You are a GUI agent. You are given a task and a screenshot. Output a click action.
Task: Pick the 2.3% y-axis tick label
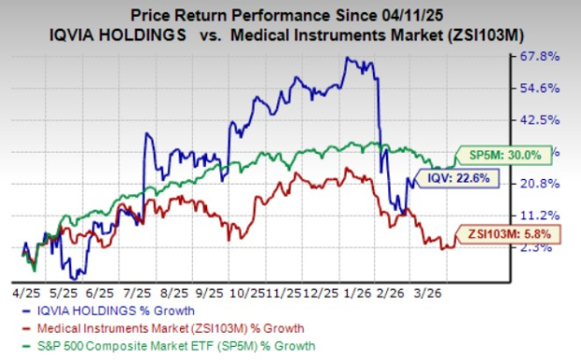pyautogui.click(x=539, y=247)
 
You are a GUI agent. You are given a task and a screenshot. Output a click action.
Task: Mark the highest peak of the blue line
pyautogui.click(x=349, y=57)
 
